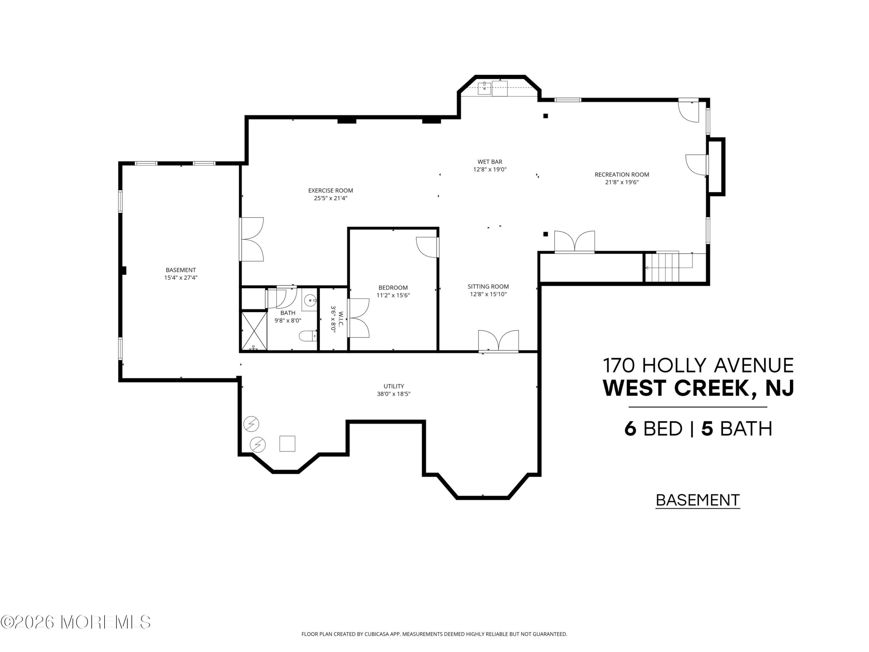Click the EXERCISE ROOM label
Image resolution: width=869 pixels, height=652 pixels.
[330, 191]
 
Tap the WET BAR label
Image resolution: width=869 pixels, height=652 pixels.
[489, 162]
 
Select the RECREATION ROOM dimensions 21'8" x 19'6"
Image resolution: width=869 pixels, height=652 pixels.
[622, 182]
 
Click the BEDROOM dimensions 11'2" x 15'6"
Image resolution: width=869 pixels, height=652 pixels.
[393, 295]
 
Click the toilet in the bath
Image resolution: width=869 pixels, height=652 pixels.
[308, 336]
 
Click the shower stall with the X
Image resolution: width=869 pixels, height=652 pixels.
[254, 330]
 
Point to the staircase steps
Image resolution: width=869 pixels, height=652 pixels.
[665, 267]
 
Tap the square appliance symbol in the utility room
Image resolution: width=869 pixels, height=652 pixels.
[287, 444]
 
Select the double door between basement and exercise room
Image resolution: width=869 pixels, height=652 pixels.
[252, 239]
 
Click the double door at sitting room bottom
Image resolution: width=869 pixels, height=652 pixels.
[498, 341]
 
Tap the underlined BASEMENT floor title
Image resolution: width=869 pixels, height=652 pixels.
[698, 500]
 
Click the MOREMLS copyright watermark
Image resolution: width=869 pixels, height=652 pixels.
[75, 622]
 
